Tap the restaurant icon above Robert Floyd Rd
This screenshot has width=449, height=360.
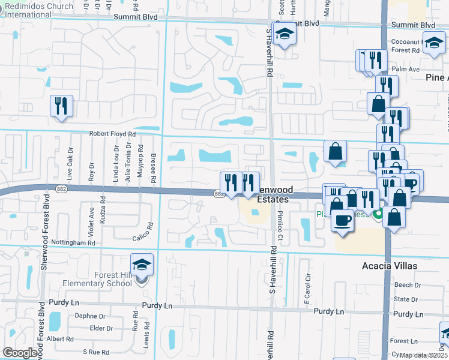pos(61,106)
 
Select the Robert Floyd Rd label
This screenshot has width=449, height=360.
pos(113,134)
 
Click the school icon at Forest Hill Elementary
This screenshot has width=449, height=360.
pos(142,265)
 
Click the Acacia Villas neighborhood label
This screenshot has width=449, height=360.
pos(390,265)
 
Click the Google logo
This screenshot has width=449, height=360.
pos(20,353)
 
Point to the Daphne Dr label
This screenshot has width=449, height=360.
pos(90,316)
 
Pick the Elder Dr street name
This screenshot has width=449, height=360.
pos(101,328)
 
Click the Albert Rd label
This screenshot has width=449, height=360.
pos(60,339)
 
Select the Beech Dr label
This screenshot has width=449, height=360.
pos(408,286)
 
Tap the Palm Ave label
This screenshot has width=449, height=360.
pos(406,70)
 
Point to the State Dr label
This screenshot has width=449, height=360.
pos(406,299)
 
